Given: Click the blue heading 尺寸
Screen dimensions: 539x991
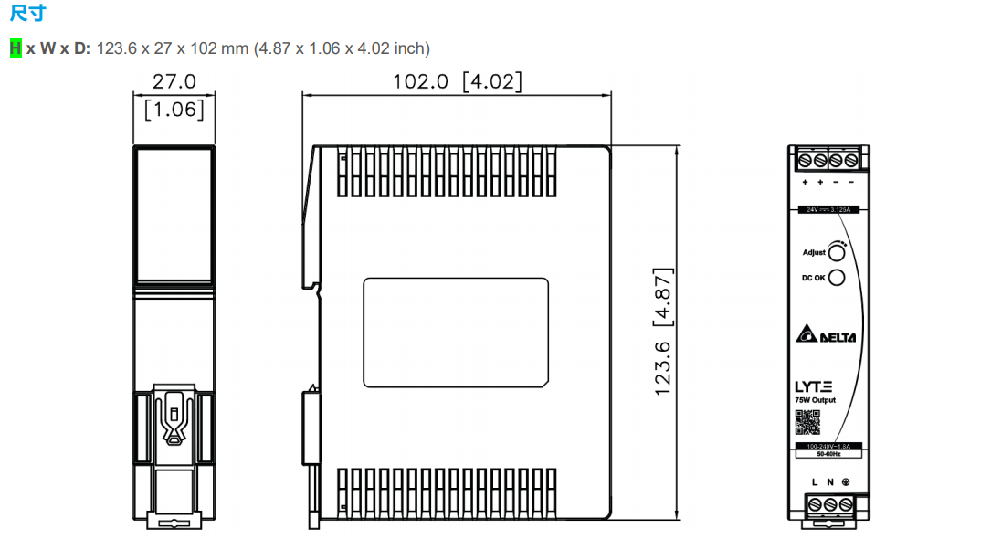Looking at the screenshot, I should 27,13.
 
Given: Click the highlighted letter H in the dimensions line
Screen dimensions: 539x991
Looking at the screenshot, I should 16,48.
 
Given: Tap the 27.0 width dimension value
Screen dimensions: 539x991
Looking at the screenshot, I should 174,81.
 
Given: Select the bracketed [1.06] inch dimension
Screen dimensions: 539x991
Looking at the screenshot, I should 174,111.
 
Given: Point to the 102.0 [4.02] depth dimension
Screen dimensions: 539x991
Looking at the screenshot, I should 458,81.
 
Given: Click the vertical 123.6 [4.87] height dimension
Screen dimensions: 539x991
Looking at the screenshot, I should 663,332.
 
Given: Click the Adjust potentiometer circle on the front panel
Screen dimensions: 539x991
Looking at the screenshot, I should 836,252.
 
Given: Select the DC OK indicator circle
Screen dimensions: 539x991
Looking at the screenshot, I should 836,278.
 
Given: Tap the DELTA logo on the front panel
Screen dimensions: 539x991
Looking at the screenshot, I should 826,335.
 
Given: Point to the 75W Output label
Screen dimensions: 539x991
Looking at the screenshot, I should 814,400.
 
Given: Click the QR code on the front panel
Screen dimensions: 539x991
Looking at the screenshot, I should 807,422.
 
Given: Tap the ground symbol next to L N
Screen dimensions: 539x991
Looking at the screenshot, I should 846,481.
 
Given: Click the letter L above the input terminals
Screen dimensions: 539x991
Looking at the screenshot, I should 815,481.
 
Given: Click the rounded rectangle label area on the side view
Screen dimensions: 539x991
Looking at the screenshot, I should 456,332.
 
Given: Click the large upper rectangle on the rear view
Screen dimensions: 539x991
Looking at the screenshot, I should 174,212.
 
